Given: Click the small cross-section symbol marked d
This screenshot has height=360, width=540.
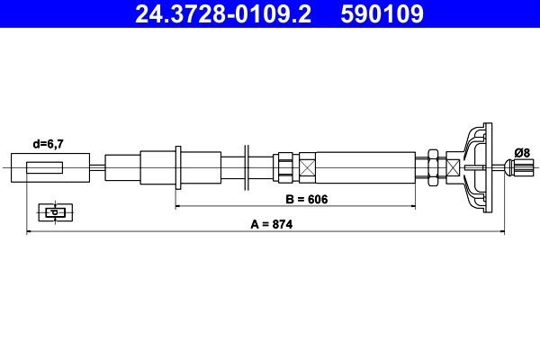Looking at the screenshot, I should click(54, 212).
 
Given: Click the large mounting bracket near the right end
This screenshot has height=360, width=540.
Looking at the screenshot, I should click(475, 167).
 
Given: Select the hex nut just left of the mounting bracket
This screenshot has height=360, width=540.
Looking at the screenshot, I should click(433, 167).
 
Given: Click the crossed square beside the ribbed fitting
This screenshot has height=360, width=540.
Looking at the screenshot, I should click(308, 167).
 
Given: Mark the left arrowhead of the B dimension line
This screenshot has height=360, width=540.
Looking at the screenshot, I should click(179, 206).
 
